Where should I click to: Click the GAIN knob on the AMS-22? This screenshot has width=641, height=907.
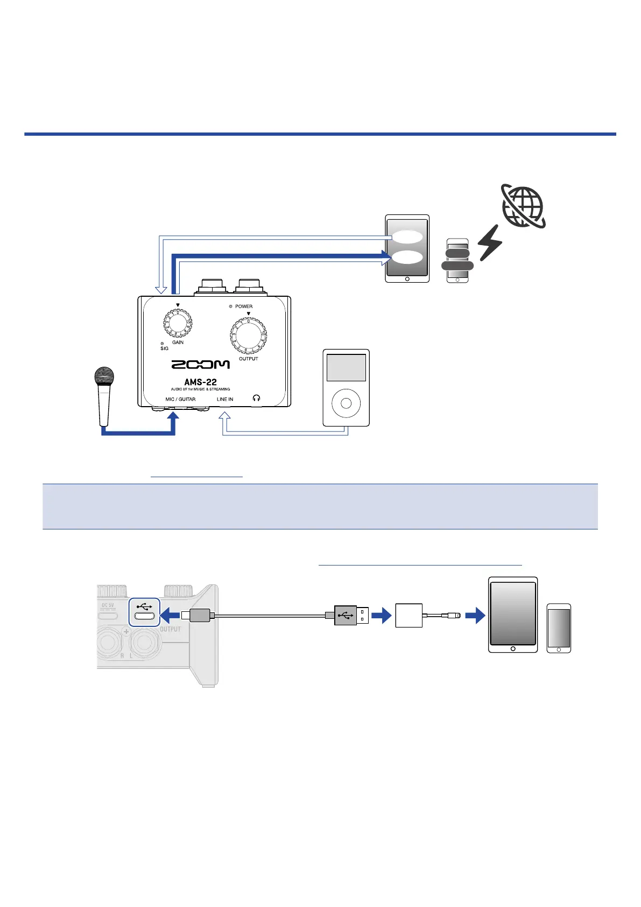coord(178,323)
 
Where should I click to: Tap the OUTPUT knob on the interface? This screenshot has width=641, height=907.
coord(248,336)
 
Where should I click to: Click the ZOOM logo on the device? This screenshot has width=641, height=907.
coord(201,365)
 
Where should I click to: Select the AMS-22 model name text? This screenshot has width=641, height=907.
coord(200,382)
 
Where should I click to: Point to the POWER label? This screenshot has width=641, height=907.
coord(243,306)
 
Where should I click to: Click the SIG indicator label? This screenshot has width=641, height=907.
coord(164,348)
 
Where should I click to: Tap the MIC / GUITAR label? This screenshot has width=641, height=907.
coord(180,399)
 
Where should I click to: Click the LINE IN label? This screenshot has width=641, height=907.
coord(225,399)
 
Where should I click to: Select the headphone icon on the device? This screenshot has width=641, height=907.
coord(256,398)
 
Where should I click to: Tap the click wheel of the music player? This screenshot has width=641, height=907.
coord(346,403)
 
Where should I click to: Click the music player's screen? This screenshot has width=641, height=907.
coord(346,367)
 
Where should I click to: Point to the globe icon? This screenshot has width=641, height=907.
coord(523,206)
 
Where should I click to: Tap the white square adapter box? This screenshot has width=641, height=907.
coord(409,615)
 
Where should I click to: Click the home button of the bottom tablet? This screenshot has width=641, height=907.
coord(513,648)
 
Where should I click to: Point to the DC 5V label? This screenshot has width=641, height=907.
coord(108,605)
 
